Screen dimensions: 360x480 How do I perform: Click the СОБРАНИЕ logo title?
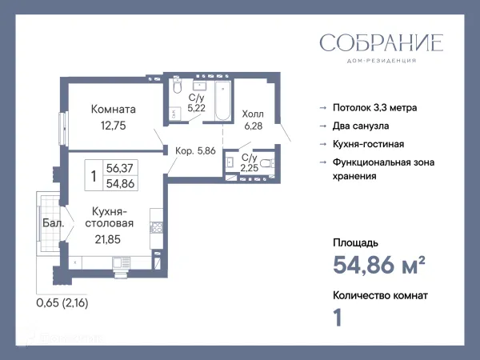coord(381,43)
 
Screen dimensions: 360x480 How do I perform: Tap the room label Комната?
coord(114,110)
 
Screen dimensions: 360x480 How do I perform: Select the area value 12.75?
coord(113,125)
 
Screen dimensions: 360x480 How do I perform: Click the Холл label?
coord(253,114)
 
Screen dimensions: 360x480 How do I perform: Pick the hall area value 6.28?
coord(253,126)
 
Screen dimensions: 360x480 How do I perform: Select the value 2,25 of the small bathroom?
coord(250,168)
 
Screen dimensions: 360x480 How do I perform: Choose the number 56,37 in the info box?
coord(121,168)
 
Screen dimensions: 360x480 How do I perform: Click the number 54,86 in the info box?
coord(121,182)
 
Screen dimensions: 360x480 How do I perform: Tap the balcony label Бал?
coord(54,223)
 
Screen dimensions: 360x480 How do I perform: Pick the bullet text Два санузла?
coord(361,126)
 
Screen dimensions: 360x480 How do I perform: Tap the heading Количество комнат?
coord(380,295)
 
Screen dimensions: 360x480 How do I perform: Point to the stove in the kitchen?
coord(157,227)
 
